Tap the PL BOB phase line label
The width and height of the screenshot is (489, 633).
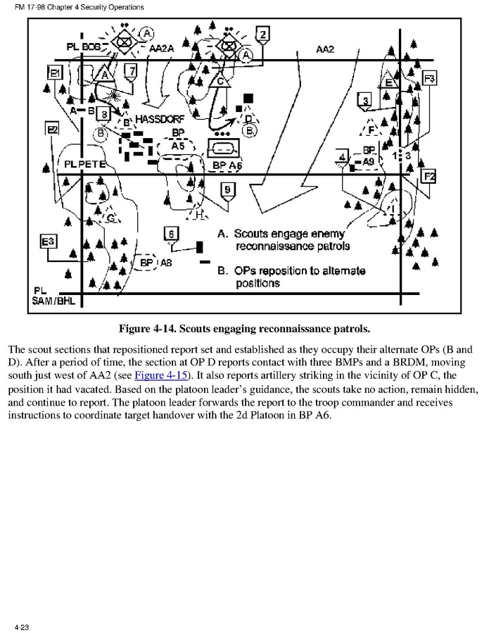click(x=82, y=46)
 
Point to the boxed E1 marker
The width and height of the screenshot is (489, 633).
click(x=56, y=72)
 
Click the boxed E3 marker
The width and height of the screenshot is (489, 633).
click(x=48, y=242)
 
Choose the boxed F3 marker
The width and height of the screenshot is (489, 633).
click(x=429, y=77)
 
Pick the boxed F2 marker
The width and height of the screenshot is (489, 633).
click(x=428, y=176)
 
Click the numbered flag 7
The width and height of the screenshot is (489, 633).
click(x=131, y=70)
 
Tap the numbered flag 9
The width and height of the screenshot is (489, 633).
click(x=228, y=188)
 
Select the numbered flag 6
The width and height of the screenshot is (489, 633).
click(x=171, y=233)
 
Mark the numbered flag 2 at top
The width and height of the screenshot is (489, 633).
click(x=262, y=34)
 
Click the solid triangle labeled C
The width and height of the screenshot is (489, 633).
click(x=221, y=81)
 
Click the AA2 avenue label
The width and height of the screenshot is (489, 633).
click(x=325, y=49)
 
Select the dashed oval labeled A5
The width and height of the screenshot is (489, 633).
click(x=178, y=146)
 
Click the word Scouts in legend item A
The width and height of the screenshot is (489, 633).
click(x=253, y=234)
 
